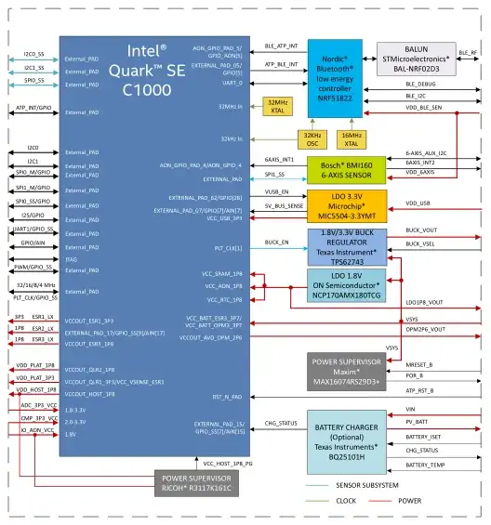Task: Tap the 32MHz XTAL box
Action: click(x=278, y=107)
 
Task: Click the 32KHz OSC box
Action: click(x=312, y=139)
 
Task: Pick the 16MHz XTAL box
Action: click(x=352, y=139)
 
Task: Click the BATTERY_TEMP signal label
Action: click(x=427, y=464)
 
